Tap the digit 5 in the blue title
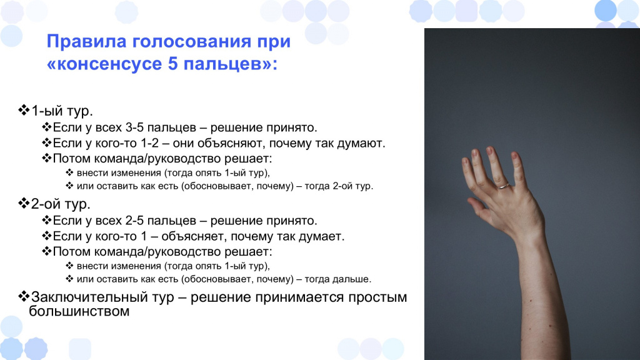point(172,64)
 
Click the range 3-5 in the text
point(134,127)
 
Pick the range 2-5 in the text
point(134,221)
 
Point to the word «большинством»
point(79,311)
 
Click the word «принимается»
point(299,297)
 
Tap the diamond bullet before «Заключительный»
point(24,296)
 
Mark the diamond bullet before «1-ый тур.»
point(24,110)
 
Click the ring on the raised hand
point(504,186)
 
